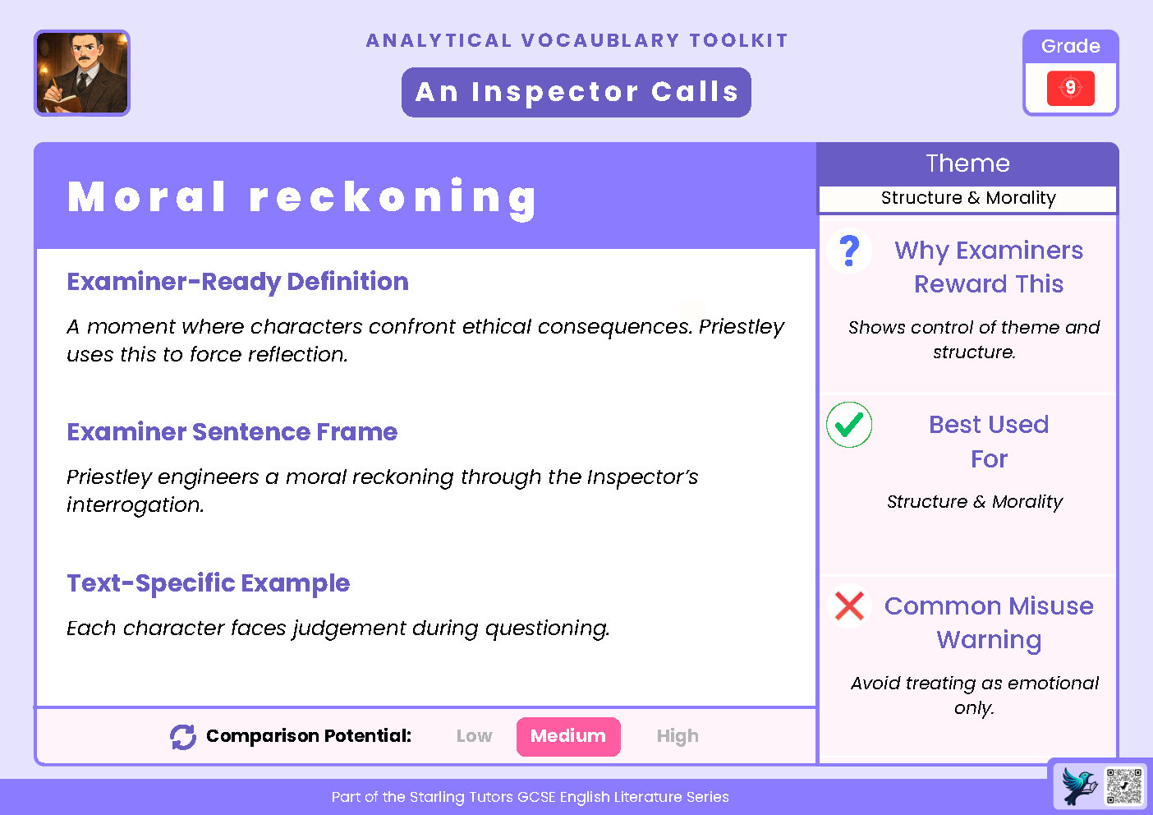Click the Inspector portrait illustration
(x=82, y=73)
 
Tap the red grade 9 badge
(x=1070, y=88)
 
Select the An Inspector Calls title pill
(x=576, y=92)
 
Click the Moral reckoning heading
(x=302, y=198)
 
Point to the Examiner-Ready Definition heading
(x=237, y=282)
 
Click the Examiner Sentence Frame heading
(x=232, y=432)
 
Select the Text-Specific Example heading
(x=208, y=583)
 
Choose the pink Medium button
(x=568, y=736)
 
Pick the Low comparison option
(x=474, y=736)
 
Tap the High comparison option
(x=678, y=736)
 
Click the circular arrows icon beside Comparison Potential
(x=183, y=737)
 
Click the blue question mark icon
(x=850, y=251)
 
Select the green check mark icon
(x=849, y=425)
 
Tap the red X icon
(x=849, y=606)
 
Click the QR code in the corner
(x=1124, y=786)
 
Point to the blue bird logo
(x=1079, y=786)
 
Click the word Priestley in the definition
(x=742, y=327)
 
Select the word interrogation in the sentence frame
(x=134, y=505)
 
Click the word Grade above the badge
(x=1070, y=46)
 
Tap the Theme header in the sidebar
(x=967, y=163)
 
